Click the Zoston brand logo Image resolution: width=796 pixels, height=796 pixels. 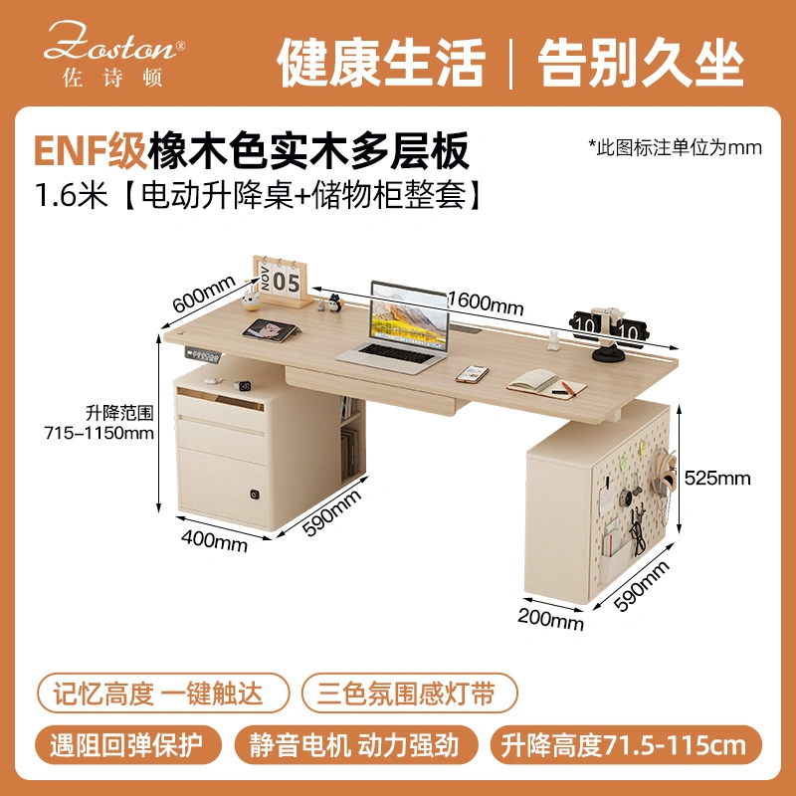113,54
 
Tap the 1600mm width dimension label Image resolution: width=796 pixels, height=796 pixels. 486,302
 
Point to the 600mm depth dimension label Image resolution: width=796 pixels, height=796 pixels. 204,293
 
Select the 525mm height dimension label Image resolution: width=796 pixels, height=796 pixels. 716,478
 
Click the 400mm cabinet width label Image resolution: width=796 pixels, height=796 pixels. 214,540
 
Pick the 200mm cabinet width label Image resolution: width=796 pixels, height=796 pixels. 551,619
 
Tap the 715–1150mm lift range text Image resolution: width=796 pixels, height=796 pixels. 99,433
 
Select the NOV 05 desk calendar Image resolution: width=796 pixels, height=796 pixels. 283,281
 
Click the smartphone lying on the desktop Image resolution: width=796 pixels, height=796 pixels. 472,374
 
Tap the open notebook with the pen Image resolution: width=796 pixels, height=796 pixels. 546,384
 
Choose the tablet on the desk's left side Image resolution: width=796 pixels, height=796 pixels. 271,330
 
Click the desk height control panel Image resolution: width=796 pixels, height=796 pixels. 203,353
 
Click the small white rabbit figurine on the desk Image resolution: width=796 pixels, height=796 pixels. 553,340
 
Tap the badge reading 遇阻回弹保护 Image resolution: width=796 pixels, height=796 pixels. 128,745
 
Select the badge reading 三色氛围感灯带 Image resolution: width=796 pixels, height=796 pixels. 409,693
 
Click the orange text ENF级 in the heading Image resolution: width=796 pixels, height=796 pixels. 90,150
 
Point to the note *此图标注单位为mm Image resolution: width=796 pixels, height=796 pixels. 675,147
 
